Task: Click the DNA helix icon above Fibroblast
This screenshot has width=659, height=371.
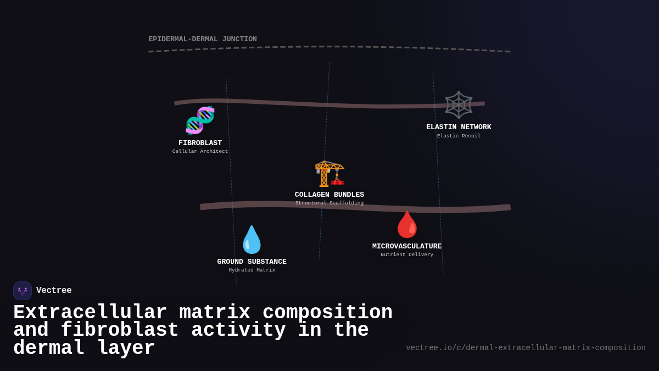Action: tap(200, 120)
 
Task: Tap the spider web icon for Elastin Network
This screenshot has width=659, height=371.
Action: tap(459, 105)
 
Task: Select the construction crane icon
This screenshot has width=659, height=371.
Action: tap(329, 173)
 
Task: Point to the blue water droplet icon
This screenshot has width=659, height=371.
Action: tap(252, 240)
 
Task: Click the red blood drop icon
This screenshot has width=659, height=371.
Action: tap(407, 225)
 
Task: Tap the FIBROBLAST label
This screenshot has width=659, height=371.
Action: tap(200, 143)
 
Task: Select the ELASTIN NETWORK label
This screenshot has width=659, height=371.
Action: tap(459, 127)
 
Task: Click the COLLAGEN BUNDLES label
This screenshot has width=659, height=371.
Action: tap(329, 195)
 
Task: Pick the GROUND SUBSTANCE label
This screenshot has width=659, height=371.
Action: tap(252, 262)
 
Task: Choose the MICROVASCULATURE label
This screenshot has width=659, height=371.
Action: tap(407, 246)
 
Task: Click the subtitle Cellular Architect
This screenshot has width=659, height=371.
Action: tap(200, 152)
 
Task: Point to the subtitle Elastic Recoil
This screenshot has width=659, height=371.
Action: tap(459, 136)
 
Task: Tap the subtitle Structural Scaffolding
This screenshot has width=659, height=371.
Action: tap(329, 203)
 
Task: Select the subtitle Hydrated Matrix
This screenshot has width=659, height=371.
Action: tap(252, 270)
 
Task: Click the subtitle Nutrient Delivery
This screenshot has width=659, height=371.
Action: tap(407, 255)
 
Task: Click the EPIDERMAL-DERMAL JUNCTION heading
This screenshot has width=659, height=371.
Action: tap(203, 39)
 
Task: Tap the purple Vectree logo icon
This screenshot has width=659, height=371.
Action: tap(23, 291)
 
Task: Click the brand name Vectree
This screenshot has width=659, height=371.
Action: tap(54, 291)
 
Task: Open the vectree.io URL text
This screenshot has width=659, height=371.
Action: tap(526, 348)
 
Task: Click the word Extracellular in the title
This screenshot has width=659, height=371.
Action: tap(90, 313)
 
